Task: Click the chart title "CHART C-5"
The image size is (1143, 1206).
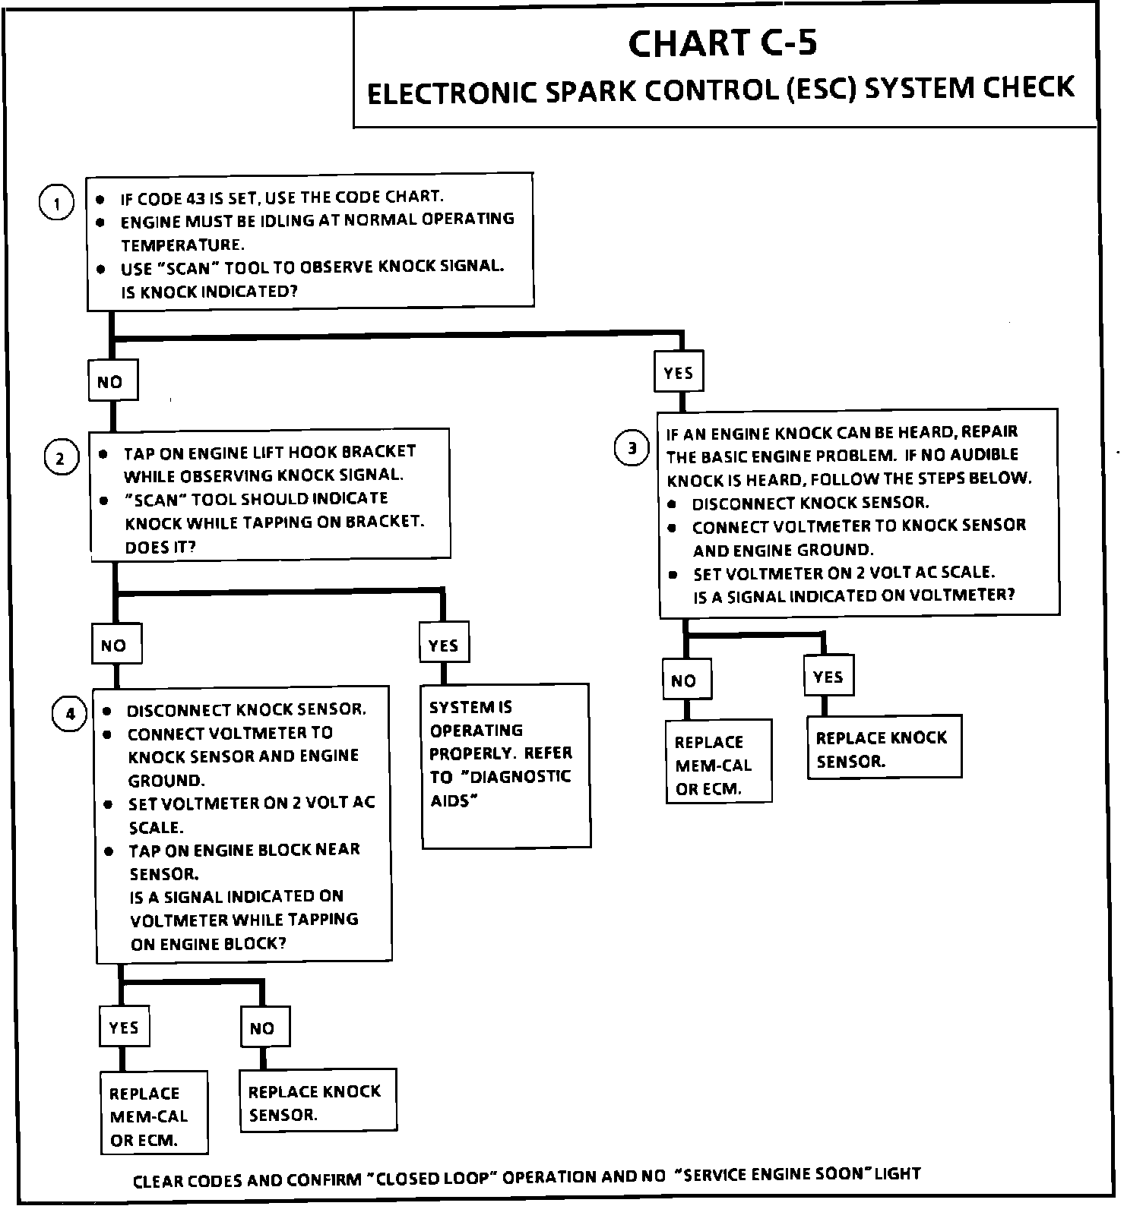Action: tap(723, 43)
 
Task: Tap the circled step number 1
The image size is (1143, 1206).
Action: tap(56, 204)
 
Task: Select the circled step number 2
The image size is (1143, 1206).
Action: tap(62, 458)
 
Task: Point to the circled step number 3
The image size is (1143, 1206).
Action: tap(632, 449)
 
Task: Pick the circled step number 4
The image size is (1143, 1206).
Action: tap(69, 714)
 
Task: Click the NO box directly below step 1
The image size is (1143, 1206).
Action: tap(111, 381)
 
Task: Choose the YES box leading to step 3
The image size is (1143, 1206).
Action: tap(678, 373)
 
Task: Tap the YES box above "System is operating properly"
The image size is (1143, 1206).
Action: tap(443, 646)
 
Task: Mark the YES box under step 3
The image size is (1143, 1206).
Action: tap(828, 677)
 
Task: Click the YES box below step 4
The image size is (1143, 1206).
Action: tap(124, 1028)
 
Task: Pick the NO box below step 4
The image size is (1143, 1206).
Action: tap(262, 1028)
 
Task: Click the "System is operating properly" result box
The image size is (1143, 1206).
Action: tap(505, 766)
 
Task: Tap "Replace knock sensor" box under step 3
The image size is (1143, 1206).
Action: tap(884, 748)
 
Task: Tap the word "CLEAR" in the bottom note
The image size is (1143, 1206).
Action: tap(157, 1181)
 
